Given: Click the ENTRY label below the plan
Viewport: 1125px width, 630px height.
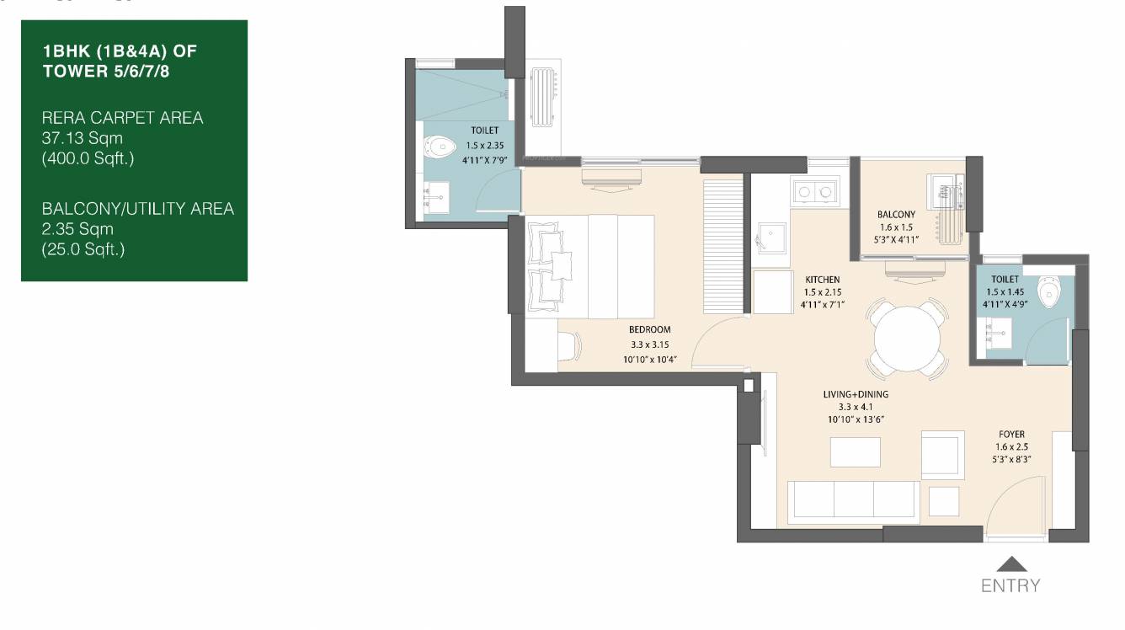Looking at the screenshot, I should (x=1010, y=585).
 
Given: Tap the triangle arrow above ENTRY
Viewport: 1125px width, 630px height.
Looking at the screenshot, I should (x=1010, y=565).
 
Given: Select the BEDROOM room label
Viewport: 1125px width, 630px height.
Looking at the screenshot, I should (x=649, y=329).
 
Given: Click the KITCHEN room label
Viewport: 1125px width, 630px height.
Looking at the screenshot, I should (x=822, y=280).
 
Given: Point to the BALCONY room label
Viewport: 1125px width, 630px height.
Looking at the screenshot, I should (x=896, y=215).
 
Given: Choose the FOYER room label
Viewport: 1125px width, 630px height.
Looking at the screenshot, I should (x=1011, y=434).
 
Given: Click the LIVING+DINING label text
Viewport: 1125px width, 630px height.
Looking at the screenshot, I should (x=856, y=394).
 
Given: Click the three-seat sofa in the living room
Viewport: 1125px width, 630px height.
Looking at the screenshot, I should (x=854, y=499).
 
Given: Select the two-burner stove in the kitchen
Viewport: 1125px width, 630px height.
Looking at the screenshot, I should (x=814, y=193).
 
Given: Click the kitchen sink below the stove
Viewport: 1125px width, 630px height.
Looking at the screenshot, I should (x=771, y=237).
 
